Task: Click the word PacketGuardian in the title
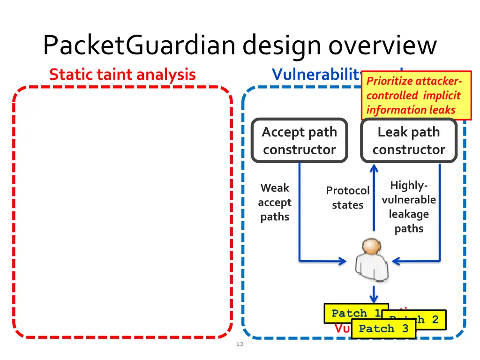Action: [140, 45]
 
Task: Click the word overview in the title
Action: [382, 45]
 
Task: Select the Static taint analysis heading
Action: [122, 75]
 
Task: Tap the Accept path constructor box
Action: [299, 141]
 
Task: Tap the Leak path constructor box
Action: [408, 141]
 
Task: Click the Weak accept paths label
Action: [275, 202]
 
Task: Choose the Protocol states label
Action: [348, 197]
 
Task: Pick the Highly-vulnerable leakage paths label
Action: [408, 207]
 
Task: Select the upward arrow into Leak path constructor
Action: [374, 197]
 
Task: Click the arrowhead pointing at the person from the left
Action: [342, 261]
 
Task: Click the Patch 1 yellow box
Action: [355, 313]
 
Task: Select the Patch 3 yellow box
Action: [383, 329]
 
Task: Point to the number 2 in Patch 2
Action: [435, 320]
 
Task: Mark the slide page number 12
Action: [240, 345]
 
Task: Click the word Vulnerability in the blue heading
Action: [316, 75]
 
